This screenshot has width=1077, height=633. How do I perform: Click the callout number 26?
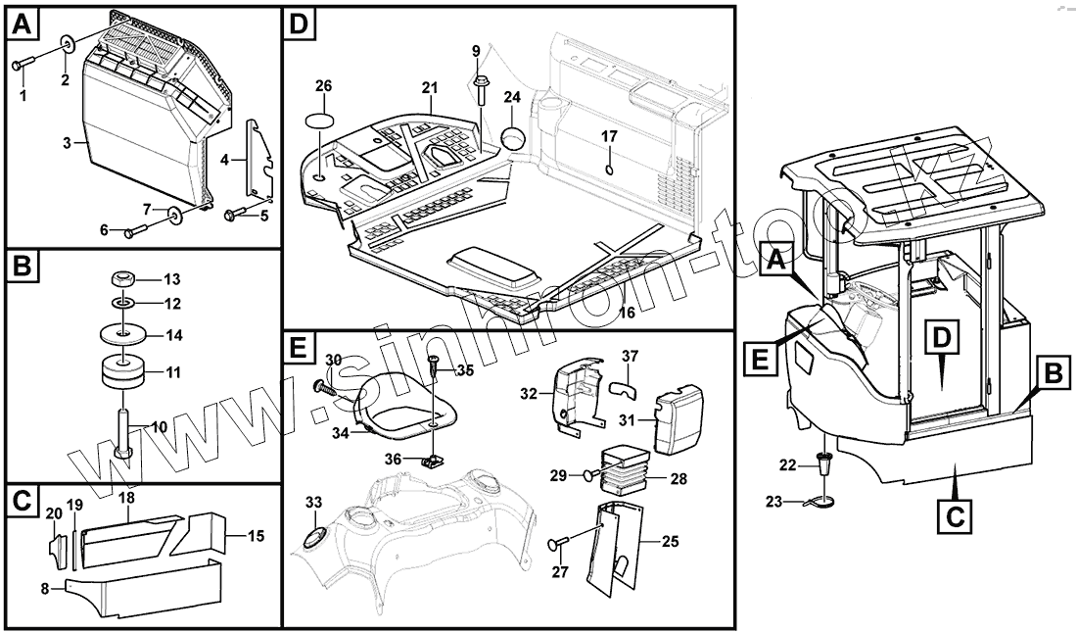[x=323, y=87]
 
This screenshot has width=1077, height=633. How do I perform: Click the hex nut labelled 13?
[x=124, y=280]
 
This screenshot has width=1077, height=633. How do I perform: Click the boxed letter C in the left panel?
[x=24, y=501]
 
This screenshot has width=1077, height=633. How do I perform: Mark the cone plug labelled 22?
[x=825, y=463]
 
